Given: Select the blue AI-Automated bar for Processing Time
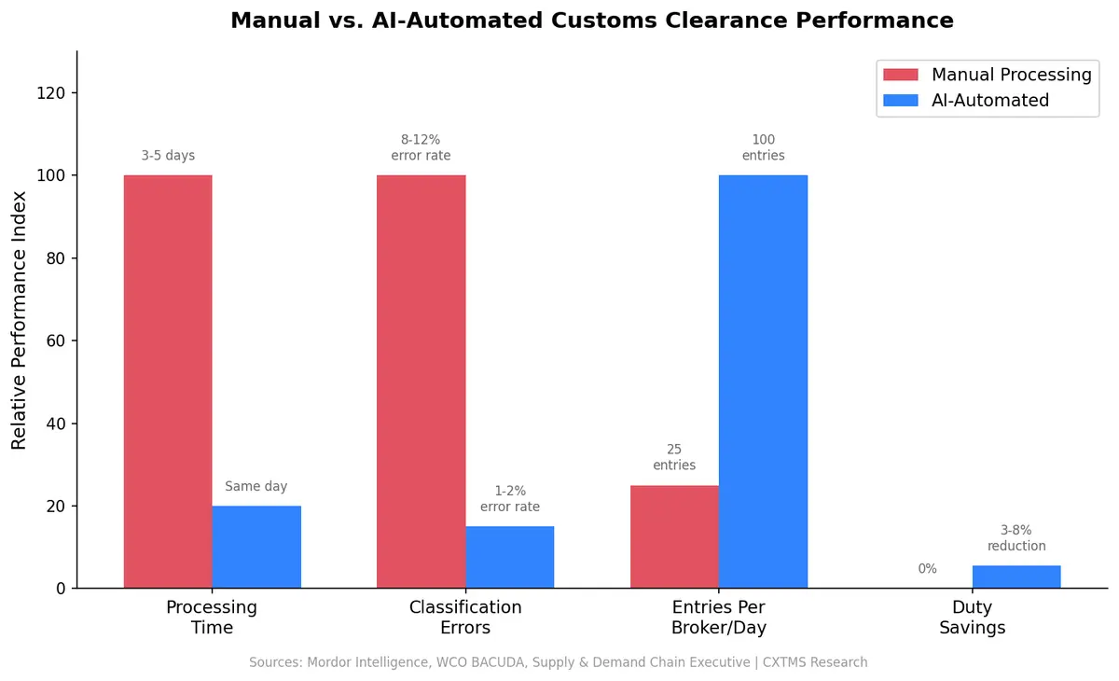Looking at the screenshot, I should point(256,547).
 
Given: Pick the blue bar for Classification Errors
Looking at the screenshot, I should point(510,557).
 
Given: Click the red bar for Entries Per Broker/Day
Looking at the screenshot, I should point(674,536).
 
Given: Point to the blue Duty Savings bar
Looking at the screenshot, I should point(1016,577).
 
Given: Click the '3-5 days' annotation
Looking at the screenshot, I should point(168,156).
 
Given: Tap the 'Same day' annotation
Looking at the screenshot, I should point(256,487).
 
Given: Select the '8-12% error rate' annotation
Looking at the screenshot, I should point(421,147).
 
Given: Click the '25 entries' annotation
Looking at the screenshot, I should point(674,457).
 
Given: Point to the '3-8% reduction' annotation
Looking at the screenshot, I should point(1016,538).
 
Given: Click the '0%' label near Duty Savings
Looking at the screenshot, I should point(927,569).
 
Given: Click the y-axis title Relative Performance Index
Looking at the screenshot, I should point(20,319).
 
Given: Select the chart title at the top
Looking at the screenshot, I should point(592,21).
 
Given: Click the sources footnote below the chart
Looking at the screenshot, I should point(558,662).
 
